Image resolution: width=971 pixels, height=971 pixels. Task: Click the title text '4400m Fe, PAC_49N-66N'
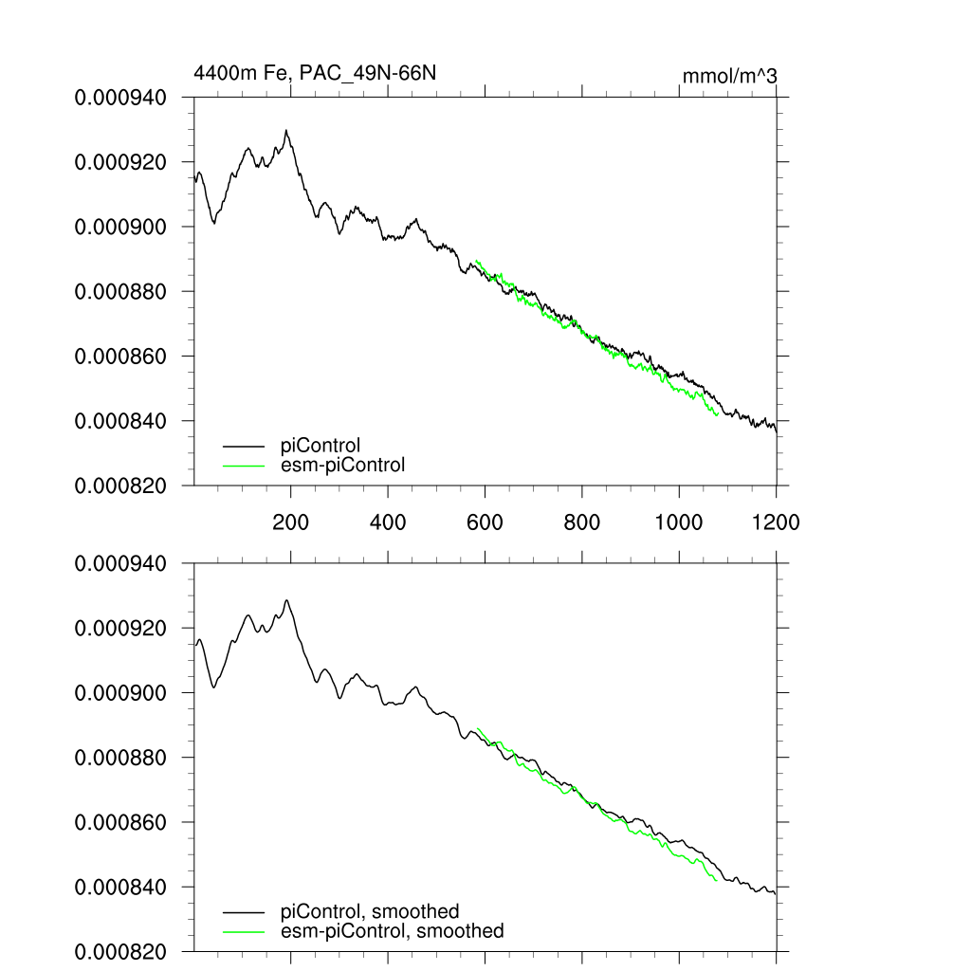click(315, 73)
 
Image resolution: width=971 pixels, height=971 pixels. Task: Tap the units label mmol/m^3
click(730, 75)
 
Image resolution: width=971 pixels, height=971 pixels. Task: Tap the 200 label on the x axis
click(290, 522)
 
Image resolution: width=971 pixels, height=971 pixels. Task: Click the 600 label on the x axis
click(485, 522)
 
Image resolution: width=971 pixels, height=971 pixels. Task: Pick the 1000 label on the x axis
click(679, 522)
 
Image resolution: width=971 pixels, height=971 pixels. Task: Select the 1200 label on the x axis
click(776, 522)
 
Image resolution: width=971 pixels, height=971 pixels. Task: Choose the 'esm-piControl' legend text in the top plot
click(343, 465)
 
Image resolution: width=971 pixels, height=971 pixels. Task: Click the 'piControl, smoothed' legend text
click(370, 911)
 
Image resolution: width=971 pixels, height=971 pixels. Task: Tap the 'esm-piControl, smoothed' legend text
click(393, 931)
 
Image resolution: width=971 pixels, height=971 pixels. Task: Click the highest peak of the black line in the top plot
click(286, 131)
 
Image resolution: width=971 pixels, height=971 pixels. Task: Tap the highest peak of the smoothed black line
click(286, 600)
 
